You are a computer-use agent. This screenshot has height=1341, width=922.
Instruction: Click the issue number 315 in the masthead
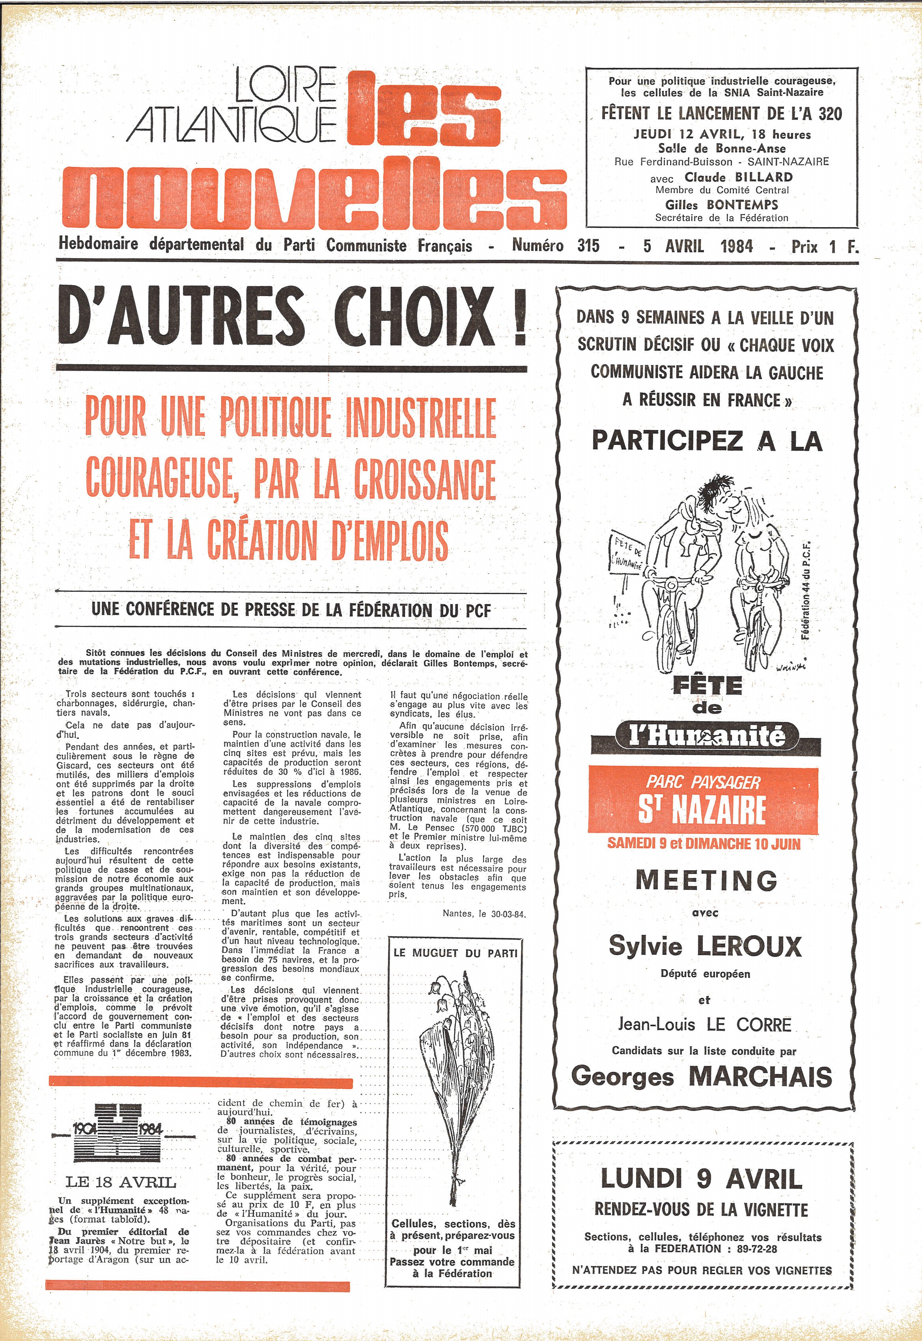[x=588, y=246]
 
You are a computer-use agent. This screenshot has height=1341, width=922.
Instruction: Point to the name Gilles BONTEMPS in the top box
[x=722, y=204]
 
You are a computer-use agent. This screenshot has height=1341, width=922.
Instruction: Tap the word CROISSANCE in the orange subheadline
[x=425, y=479]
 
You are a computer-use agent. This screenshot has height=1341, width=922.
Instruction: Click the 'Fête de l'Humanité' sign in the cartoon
[x=627, y=553]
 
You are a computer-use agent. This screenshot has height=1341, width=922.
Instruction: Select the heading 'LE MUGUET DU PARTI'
[x=455, y=953]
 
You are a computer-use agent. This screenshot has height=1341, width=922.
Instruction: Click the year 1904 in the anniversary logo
[x=85, y=1128]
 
